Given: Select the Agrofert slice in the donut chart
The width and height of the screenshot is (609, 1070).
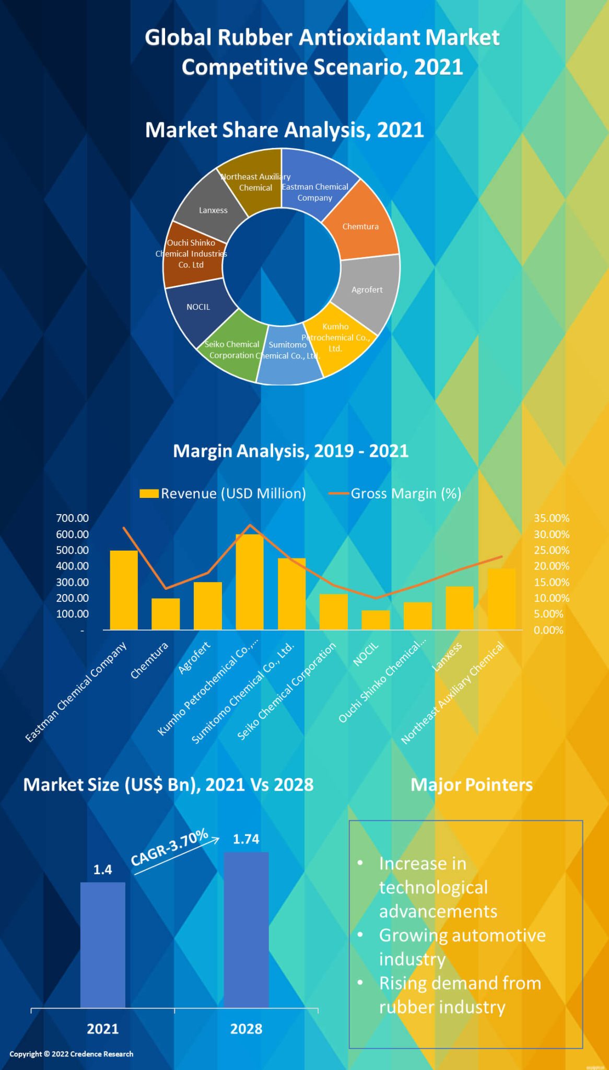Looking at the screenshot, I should pos(368,290).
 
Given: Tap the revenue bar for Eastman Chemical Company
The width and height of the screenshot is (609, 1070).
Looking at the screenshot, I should pos(124,590).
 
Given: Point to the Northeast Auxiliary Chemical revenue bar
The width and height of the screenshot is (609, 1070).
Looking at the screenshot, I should pos(501,599).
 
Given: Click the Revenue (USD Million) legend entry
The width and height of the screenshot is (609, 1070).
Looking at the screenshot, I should pos(223,494).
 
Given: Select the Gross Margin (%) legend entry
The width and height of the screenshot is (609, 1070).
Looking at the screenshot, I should pos(395,494).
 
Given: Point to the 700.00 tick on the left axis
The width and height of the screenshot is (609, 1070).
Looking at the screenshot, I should pos(72,518).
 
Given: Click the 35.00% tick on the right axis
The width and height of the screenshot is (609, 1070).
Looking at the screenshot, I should pos(551,518).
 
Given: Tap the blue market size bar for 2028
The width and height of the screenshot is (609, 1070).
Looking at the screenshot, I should pos(246,931).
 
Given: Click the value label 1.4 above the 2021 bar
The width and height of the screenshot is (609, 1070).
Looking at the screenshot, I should pos(102,869).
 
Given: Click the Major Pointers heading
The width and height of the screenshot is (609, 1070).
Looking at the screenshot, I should pos(471,785).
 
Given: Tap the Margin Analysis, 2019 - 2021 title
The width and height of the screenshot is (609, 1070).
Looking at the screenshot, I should pos(290,451).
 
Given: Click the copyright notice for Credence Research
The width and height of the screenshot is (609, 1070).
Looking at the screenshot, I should pos(72,1054).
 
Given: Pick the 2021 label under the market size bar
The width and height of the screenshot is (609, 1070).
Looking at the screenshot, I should pos(102,1029).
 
